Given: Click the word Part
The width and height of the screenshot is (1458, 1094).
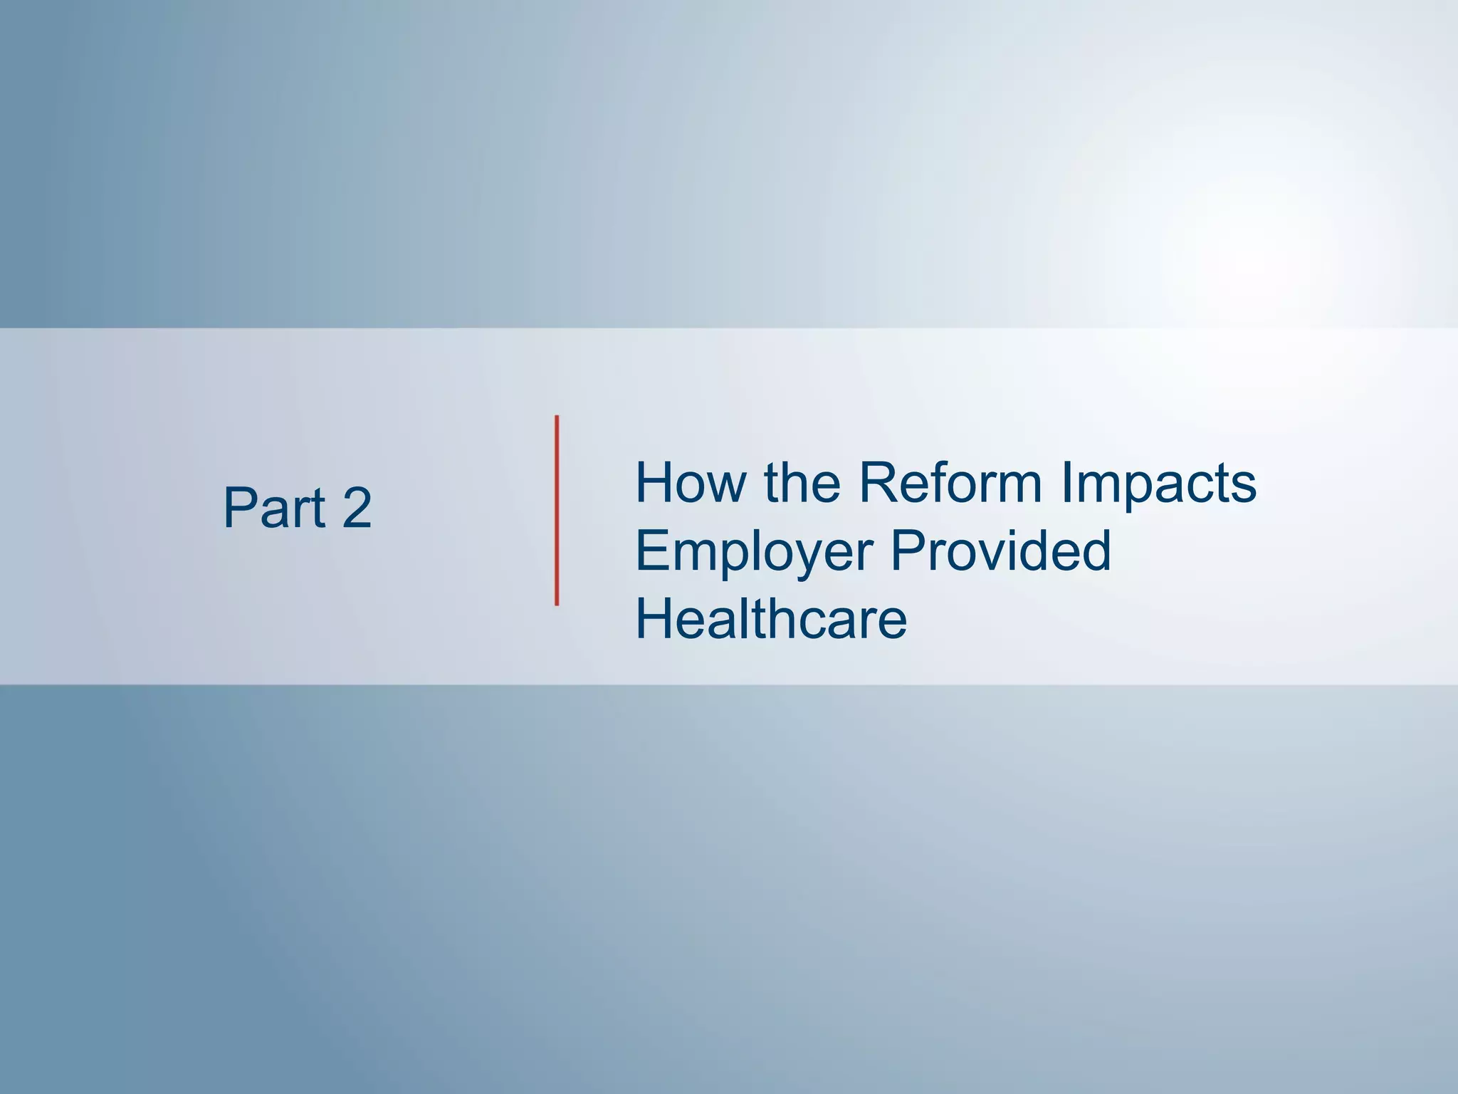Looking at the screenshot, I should [275, 508].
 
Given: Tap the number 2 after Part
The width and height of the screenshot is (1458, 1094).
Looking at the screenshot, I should [357, 508].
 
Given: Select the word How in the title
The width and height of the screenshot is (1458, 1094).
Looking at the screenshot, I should [691, 483].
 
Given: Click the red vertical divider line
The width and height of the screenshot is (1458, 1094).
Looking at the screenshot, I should [557, 511].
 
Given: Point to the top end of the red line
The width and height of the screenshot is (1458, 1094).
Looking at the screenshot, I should [557, 418].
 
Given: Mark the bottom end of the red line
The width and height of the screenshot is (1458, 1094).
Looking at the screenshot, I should [557, 603].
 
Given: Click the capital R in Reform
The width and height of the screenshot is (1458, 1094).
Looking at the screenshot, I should [878, 483].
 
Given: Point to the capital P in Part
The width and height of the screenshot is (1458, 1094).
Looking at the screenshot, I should [239, 508].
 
